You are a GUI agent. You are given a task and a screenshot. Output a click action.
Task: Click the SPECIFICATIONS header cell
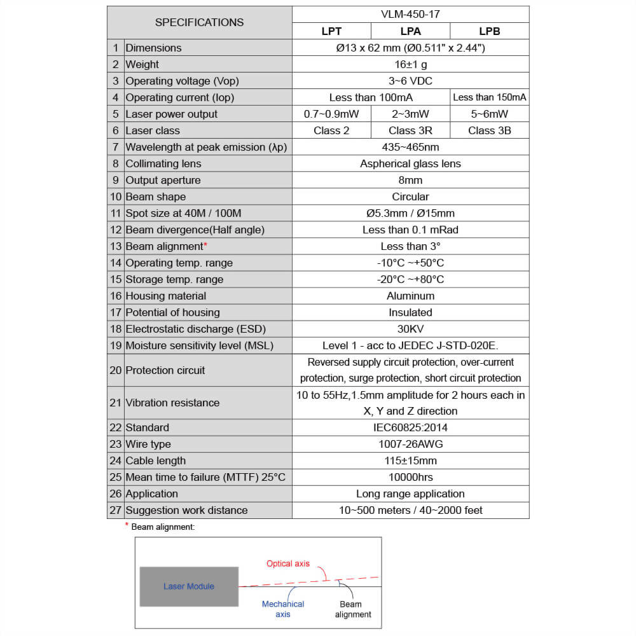[199, 22]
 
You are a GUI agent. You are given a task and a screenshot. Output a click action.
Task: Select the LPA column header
[410, 31]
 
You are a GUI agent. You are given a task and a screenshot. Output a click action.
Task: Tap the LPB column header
[489, 31]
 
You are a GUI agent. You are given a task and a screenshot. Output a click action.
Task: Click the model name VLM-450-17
[410, 14]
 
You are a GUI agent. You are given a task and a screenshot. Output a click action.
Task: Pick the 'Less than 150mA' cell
[489, 97]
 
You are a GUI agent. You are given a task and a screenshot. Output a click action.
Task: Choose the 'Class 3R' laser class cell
[410, 130]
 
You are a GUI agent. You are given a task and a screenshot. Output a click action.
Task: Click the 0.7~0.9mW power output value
[331, 114]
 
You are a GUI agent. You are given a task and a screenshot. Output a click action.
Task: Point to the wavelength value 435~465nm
[410, 147]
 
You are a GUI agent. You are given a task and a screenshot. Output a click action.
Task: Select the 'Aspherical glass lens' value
[410, 163]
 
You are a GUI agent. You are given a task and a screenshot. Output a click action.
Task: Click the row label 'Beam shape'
[156, 197]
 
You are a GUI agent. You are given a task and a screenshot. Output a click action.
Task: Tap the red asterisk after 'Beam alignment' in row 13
[205, 245]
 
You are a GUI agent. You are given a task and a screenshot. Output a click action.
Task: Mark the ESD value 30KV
[410, 329]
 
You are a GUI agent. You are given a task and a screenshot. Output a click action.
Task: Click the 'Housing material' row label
[166, 296]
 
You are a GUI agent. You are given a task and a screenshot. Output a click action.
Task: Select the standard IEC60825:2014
[410, 427]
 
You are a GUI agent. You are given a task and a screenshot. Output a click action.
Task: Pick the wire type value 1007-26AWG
[410, 444]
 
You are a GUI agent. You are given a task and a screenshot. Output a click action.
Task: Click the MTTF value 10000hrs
[410, 477]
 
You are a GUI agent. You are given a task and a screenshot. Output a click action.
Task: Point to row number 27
[115, 510]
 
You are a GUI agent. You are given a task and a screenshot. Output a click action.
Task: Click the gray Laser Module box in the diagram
[189, 586]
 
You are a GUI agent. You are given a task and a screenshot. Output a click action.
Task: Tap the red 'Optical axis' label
[288, 563]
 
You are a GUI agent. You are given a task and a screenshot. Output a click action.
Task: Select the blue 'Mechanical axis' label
[283, 609]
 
